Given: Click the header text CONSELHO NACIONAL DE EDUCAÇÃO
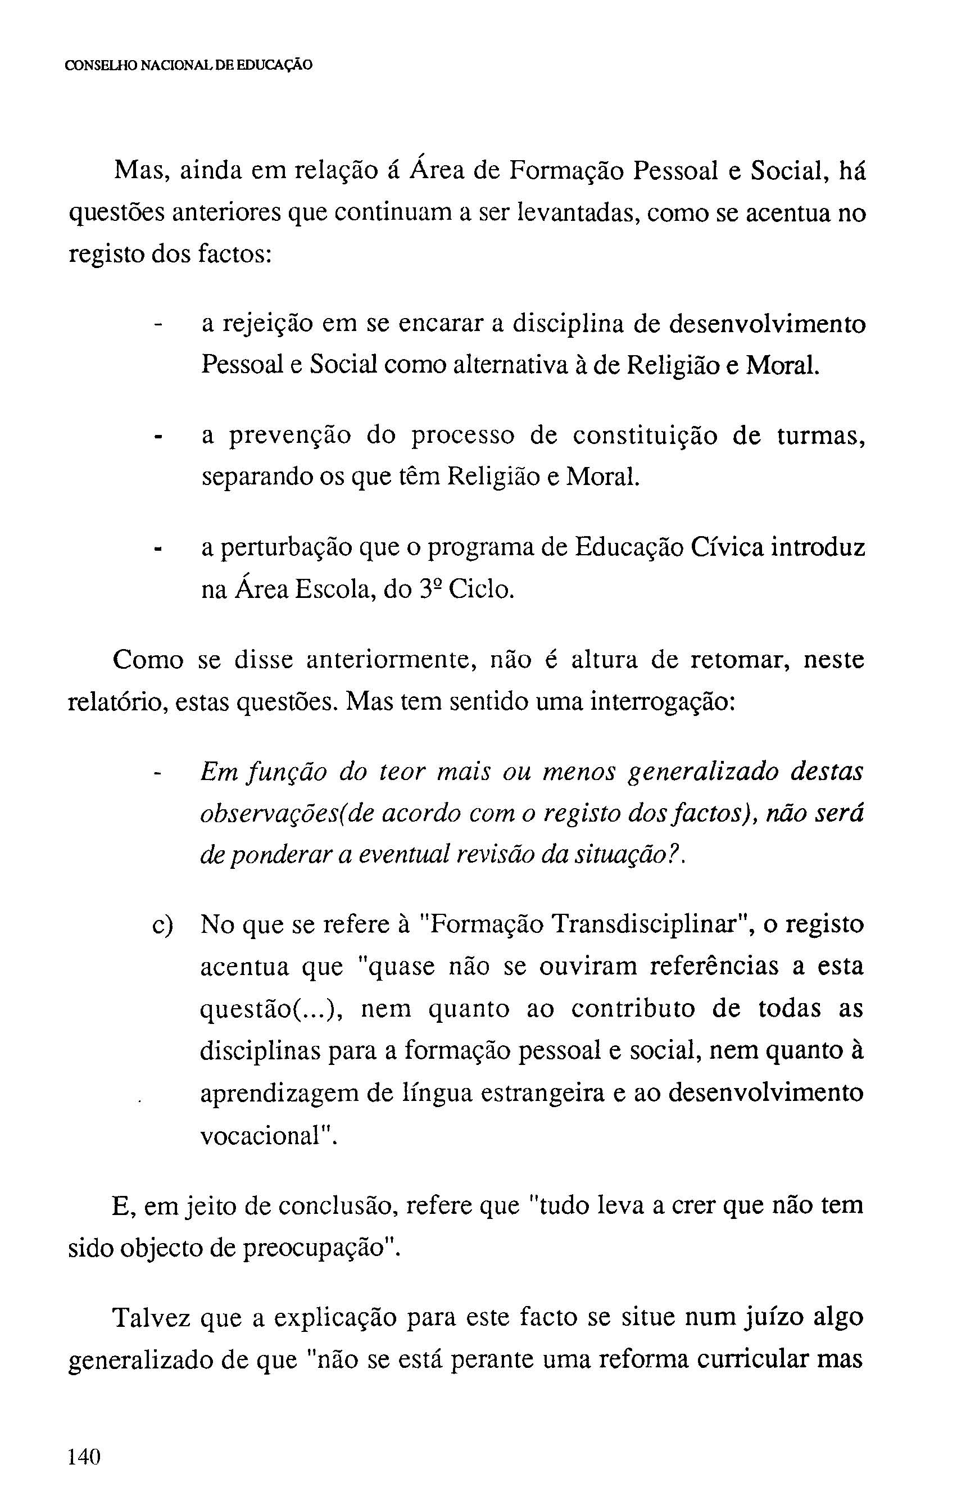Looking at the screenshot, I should coord(189,65).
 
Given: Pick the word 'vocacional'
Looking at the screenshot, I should coord(265,1136).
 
